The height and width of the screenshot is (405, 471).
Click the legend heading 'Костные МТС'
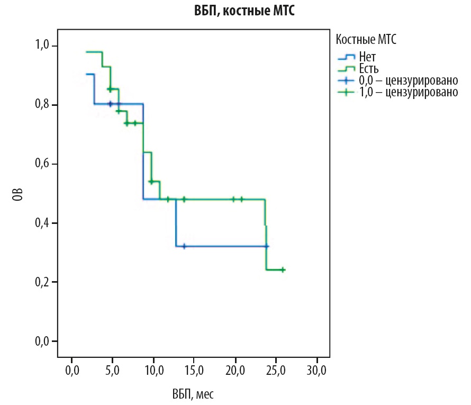coord(366,39)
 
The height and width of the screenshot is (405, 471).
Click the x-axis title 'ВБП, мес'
coord(193,394)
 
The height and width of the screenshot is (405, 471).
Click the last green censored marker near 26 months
coord(283,269)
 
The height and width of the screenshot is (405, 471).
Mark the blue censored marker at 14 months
coord(184,246)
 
